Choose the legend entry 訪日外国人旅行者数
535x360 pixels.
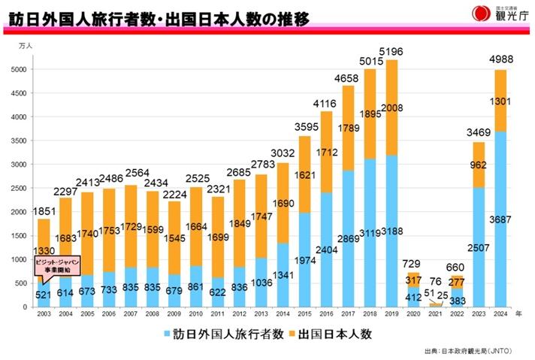214,333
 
